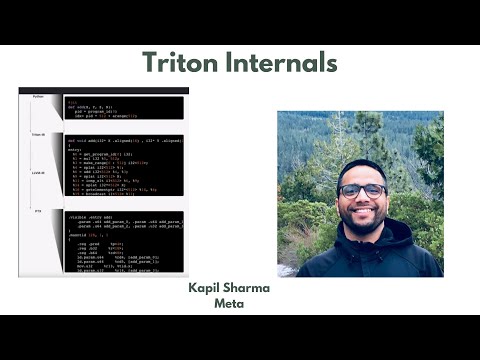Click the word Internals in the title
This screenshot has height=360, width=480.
[283, 64]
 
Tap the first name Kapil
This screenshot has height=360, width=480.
[208, 288]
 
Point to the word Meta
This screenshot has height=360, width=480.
[229, 303]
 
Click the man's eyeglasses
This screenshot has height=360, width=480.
[362, 190]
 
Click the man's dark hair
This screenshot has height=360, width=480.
[361, 167]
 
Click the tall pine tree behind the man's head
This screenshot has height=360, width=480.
[330, 140]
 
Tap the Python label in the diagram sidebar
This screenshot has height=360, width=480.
[38, 97]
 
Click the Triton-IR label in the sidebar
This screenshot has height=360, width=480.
[38, 133]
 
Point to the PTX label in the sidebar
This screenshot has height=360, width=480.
[38, 212]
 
